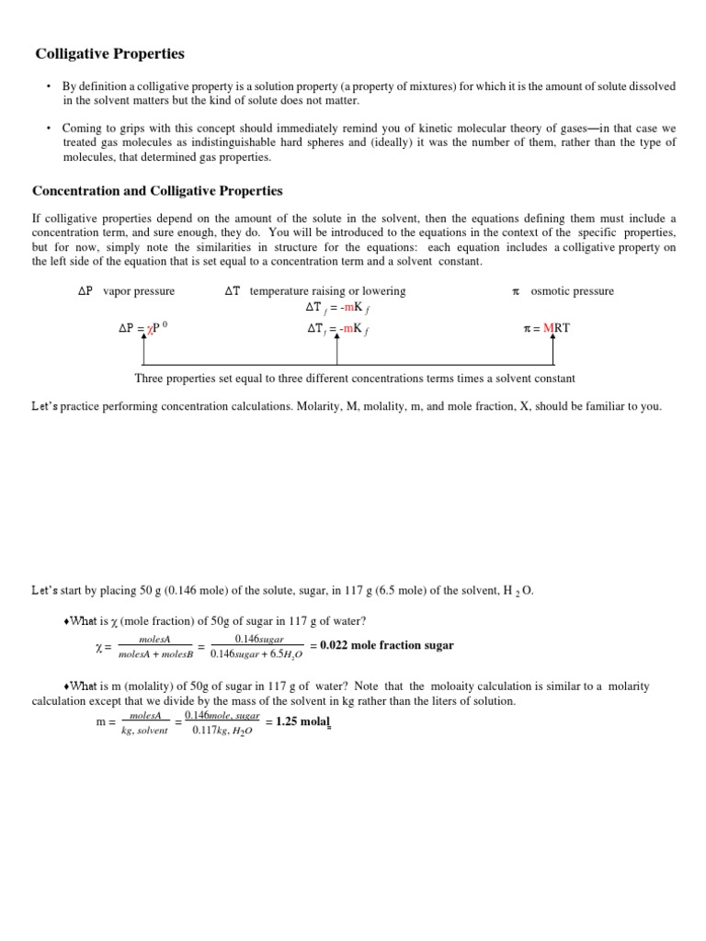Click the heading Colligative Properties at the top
[109, 54]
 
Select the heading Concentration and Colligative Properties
[157, 191]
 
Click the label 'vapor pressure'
[139, 291]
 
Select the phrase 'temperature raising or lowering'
[327, 291]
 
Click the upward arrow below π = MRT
[553, 349]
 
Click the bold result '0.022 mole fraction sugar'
[386, 645]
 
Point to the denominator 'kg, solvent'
[144, 731]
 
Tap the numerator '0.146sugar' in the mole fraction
[258, 638]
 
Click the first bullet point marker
[48, 86]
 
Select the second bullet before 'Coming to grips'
[48, 128]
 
